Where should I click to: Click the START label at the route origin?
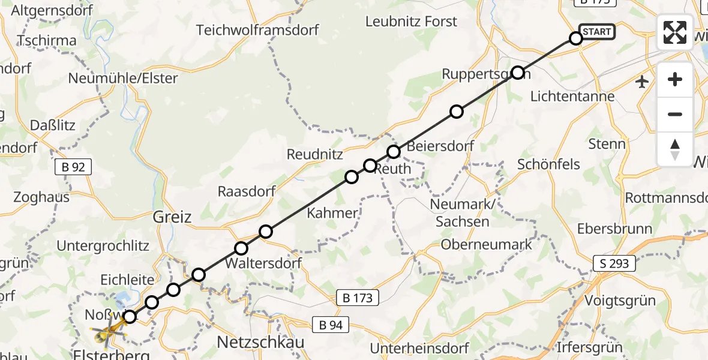tap(596, 32)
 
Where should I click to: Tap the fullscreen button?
tap(675, 32)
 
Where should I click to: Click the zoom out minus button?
tap(675, 114)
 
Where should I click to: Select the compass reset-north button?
tap(675, 149)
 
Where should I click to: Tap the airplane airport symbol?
tap(643, 82)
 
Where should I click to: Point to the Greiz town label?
tap(172, 217)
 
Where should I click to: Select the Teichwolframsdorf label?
tap(257, 29)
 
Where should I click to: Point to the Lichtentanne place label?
tap(572, 97)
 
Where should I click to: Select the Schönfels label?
tap(548, 164)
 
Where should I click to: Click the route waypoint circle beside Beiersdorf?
tap(394, 152)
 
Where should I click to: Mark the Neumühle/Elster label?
tap(123, 78)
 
